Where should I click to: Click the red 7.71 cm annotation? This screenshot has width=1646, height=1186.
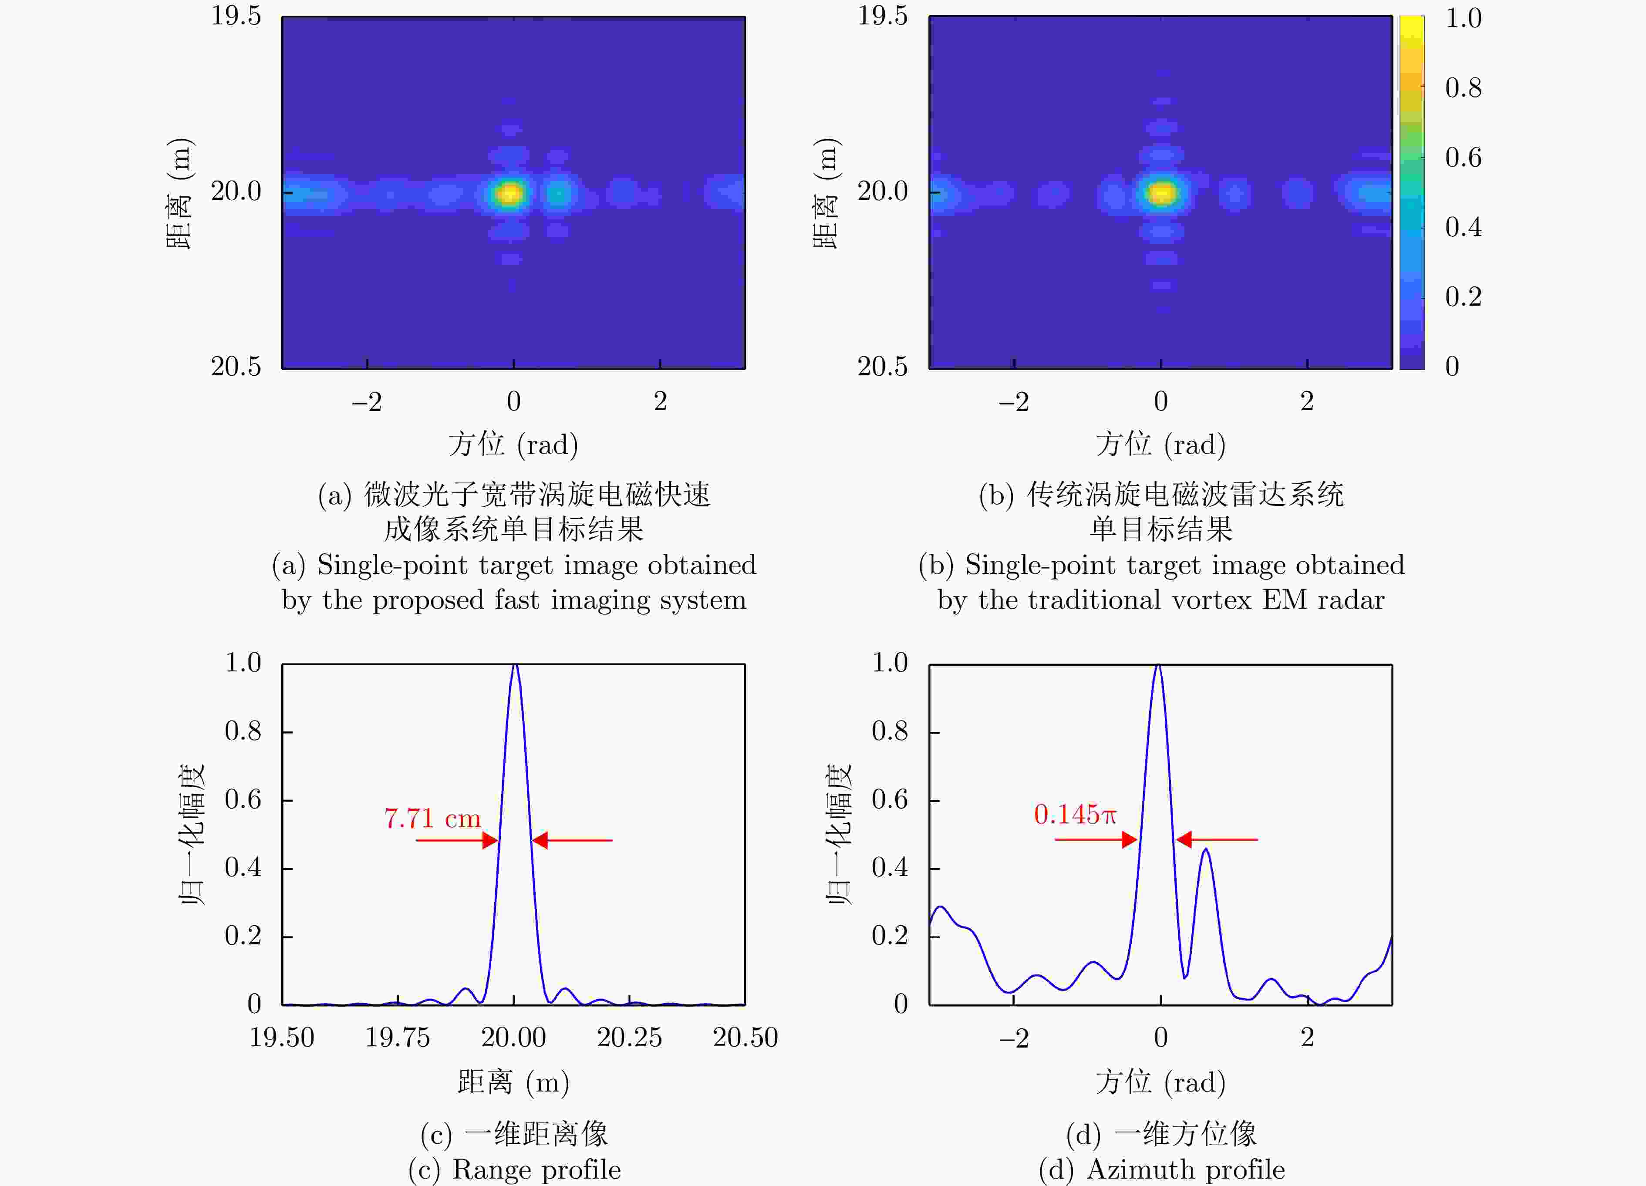coord(432,819)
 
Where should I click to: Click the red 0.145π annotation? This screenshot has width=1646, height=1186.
coord(1075,814)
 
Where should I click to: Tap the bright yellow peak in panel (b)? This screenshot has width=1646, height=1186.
coord(1162,193)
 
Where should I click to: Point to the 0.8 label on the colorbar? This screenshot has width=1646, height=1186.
coord(1462,88)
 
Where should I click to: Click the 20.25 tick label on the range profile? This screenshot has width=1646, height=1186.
coord(629,1037)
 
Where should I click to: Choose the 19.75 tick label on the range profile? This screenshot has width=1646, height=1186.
coord(397,1037)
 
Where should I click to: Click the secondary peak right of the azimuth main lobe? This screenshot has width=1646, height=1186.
coord(1205,849)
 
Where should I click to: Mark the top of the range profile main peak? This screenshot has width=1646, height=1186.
coord(515,665)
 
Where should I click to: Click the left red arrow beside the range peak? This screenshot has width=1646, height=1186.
coord(457,840)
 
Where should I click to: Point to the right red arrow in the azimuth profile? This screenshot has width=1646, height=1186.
coord(1216,840)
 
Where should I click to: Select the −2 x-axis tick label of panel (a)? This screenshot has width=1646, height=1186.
coord(367,401)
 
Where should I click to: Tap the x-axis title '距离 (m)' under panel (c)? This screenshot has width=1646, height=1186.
coord(513,1082)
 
